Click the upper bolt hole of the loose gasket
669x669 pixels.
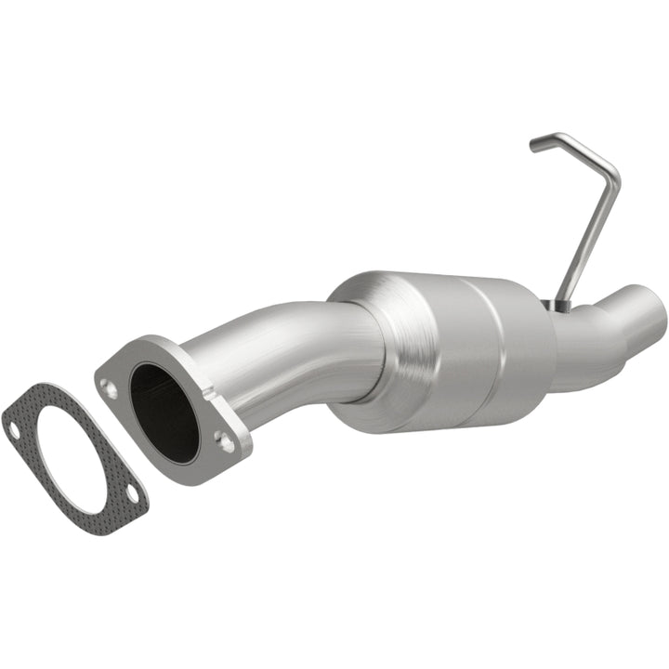coord(14,430)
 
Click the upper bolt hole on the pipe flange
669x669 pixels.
coord(111,387)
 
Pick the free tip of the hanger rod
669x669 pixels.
coord(536,145)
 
